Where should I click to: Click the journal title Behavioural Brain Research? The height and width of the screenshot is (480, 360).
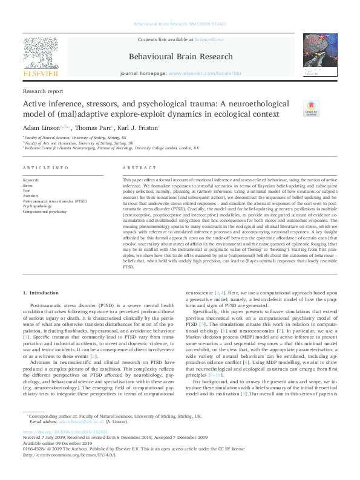pyautogui.click(x=181, y=57)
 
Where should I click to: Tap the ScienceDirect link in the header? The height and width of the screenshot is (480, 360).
pyautogui.click(x=209, y=39)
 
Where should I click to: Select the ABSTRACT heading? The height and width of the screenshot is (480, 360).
pyautogui.click(x=136, y=167)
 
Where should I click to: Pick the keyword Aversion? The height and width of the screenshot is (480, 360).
pyautogui.click(x=30, y=196)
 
